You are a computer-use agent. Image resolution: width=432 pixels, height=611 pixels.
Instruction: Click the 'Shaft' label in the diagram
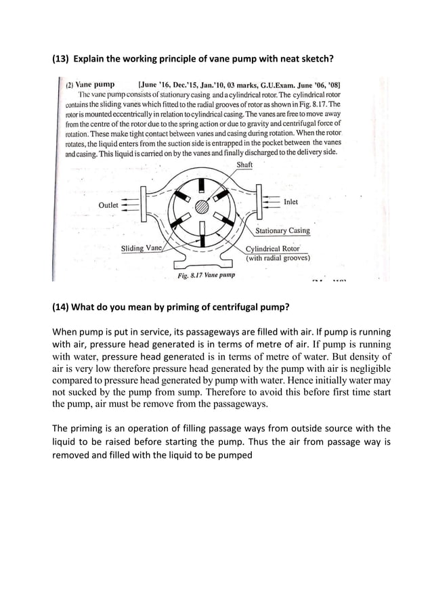[x=244, y=165]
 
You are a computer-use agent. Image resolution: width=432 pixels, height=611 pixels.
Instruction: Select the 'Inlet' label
[x=290, y=202]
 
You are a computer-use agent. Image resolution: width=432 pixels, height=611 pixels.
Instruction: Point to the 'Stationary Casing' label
[x=282, y=231]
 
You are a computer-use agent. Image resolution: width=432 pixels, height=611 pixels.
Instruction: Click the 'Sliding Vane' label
[x=142, y=249]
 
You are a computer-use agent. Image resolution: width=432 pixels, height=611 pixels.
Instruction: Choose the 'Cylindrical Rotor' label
[x=272, y=249]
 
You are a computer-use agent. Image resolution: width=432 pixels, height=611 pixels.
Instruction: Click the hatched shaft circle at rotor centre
[x=201, y=207]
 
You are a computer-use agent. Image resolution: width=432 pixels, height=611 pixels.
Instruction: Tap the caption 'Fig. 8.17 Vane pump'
[x=206, y=276]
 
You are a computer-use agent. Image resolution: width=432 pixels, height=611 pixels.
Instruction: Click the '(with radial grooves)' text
[x=278, y=258]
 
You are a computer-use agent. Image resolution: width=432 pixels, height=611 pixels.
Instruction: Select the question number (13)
[x=60, y=59]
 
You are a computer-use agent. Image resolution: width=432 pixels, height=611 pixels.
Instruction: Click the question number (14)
[x=60, y=307]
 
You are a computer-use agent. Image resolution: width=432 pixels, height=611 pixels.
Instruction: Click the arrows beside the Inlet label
[x=269, y=202]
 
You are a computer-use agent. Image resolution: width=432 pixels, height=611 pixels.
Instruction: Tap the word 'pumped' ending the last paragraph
[x=233, y=455]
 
